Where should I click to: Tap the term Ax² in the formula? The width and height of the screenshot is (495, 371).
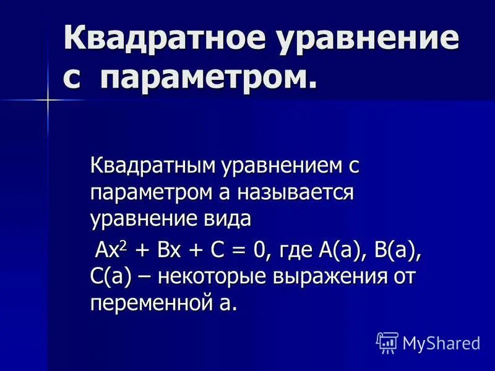coord(111,252)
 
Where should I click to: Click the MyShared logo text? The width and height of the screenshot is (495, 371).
coord(441,342)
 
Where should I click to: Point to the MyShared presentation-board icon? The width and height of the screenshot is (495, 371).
coord(387,341)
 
